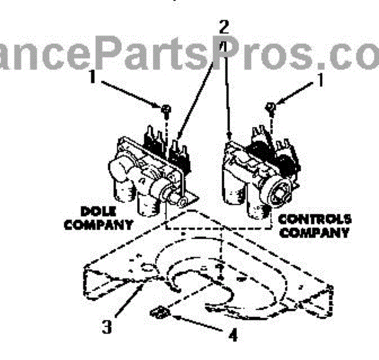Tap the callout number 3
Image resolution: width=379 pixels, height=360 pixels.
pos(108,327)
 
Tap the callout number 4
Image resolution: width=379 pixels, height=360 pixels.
pos(233,336)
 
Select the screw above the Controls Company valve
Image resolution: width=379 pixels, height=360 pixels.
pos(270,107)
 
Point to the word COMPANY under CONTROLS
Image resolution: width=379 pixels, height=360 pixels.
pos(315,232)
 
